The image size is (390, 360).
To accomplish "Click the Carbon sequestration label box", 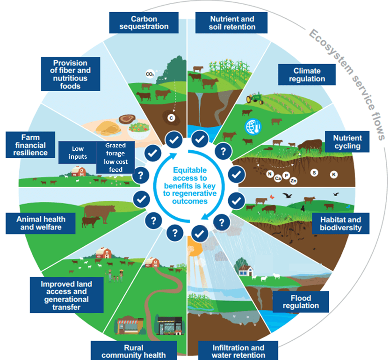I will [x=144, y=23].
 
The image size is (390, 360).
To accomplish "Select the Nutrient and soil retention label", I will [x=232, y=23].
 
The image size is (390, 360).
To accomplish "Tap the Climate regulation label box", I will [x=307, y=75].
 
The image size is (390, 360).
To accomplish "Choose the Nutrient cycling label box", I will [x=347, y=142].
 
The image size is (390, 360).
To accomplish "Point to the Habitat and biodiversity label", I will [x=340, y=224].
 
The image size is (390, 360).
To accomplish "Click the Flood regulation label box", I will [x=301, y=301].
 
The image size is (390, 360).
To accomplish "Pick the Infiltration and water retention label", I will [x=238, y=351].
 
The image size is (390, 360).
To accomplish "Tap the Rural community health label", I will [x=134, y=351].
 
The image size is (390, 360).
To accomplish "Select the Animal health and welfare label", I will [x=41, y=223].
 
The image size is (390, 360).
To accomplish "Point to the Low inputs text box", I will [x=78, y=153].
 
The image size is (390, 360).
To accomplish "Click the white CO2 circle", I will [x=150, y=74].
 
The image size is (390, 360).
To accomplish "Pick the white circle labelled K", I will [x=334, y=174].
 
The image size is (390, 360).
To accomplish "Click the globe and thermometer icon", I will [x=252, y=126].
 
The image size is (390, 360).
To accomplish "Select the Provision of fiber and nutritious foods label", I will [x=70, y=74].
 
